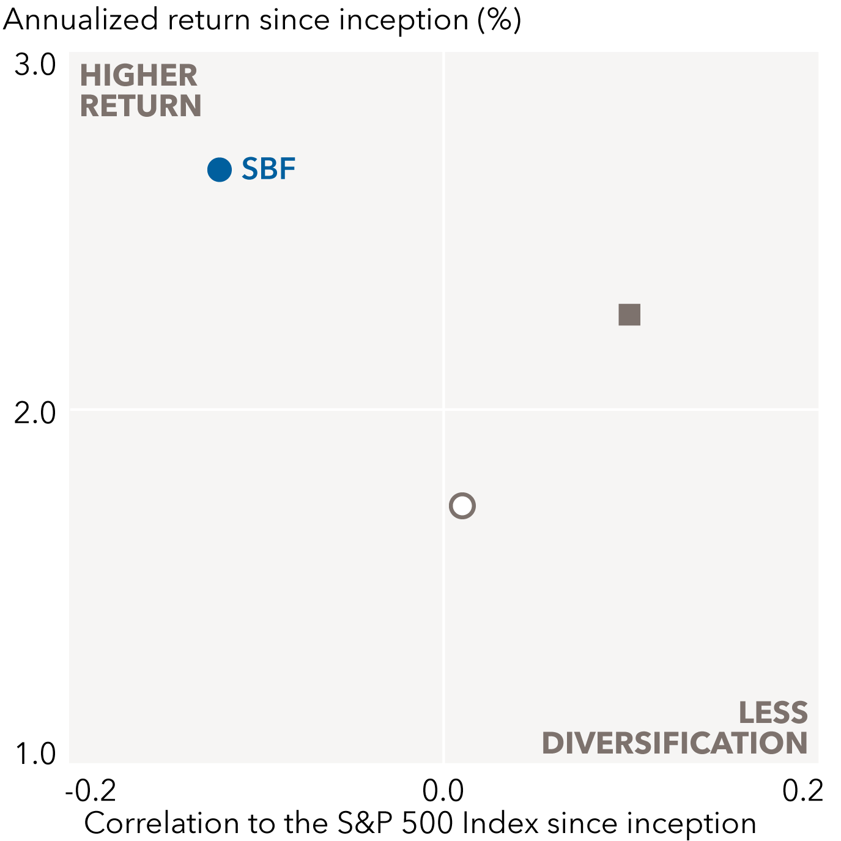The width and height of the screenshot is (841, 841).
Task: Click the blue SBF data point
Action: (220, 169)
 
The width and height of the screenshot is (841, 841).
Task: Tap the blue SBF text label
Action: (269, 169)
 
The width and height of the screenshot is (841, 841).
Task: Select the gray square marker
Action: (629, 315)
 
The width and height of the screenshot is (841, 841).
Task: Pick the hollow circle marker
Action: (462, 506)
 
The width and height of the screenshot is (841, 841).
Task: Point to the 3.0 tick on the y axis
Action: (35, 65)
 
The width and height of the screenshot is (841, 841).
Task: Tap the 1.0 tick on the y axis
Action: (35, 754)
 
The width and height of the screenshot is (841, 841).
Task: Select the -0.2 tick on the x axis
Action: (91, 791)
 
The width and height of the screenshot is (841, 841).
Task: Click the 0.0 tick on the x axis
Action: (443, 791)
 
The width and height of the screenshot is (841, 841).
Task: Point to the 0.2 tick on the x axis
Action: (802, 791)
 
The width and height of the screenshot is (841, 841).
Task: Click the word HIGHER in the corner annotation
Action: (139, 76)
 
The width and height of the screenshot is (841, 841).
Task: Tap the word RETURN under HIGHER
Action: (141, 106)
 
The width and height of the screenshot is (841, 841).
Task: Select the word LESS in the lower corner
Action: (773, 713)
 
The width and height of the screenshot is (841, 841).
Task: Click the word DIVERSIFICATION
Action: (675, 743)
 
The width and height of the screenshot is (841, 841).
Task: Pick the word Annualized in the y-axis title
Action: (81, 20)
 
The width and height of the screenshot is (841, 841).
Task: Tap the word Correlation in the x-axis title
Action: (161, 823)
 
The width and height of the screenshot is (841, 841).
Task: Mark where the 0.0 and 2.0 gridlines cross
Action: (443, 409)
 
